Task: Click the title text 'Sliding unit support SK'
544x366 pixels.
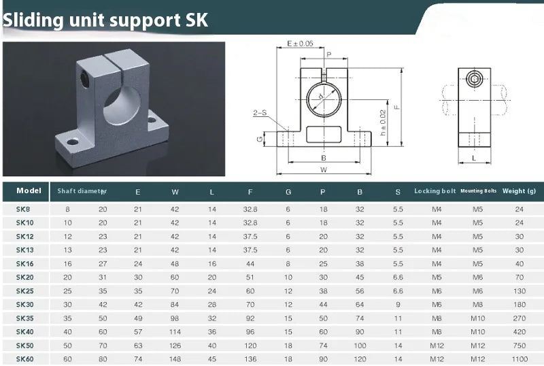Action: click(105, 20)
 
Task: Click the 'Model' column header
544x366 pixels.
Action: click(29, 191)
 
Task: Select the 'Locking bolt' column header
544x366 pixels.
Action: click(435, 191)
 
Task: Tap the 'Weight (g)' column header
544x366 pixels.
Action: click(519, 191)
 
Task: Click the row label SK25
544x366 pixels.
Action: click(24, 290)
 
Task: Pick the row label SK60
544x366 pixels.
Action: click(24, 359)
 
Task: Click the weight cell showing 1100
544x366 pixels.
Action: click(519, 359)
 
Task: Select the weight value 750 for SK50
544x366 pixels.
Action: click(519, 345)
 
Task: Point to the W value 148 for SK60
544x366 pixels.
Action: click(175, 359)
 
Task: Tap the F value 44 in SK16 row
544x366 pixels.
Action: click(250, 263)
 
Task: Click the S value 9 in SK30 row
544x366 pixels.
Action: click(398, 304)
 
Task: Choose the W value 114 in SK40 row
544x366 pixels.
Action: click(175, 331)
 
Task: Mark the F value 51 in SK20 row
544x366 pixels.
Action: click(250, 277)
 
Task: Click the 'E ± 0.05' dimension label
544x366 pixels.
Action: click(300, 44)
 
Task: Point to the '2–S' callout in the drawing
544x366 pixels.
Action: click(259, 114)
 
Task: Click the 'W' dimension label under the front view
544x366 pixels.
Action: click(324, 169)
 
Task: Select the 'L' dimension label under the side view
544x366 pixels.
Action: click(473, 158)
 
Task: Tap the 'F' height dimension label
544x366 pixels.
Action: click(396, 107)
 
